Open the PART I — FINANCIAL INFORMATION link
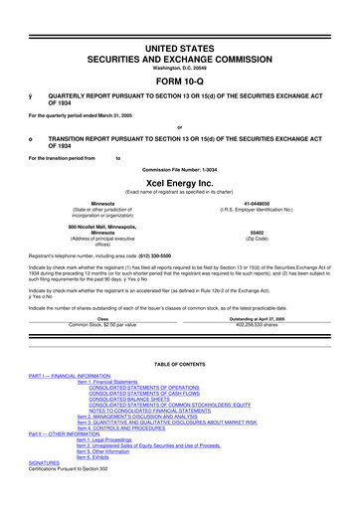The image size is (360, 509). (x=68, y=404)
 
